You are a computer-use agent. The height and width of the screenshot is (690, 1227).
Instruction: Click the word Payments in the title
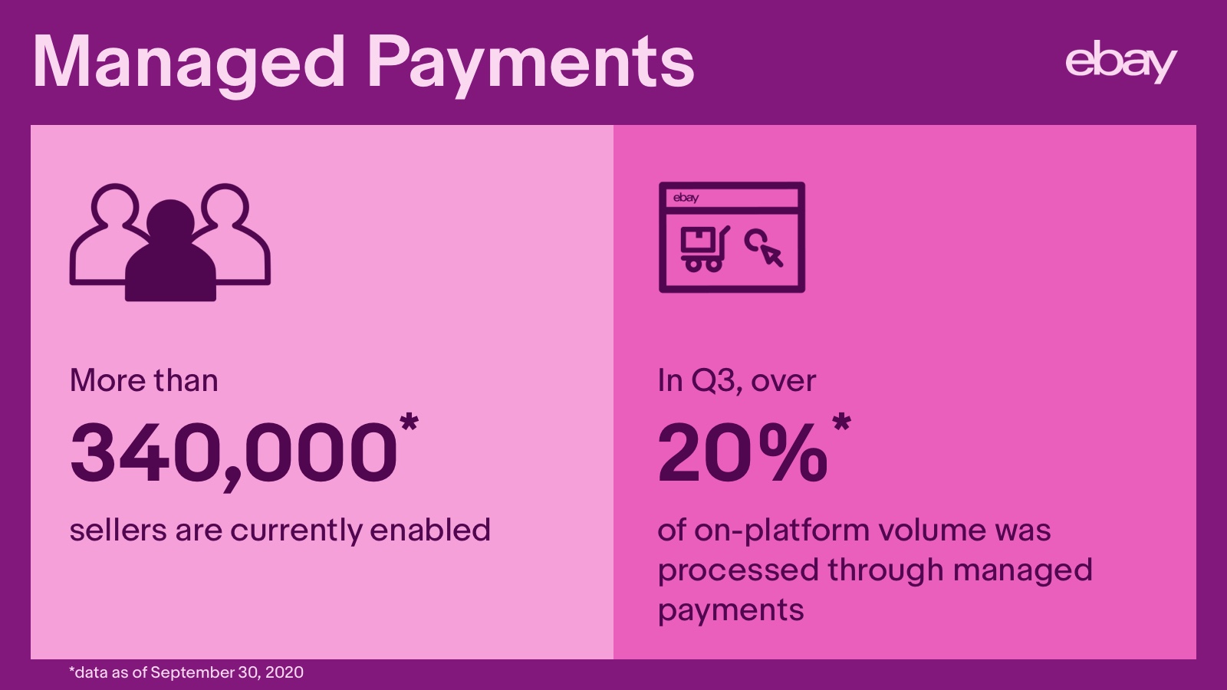click(x=531, y=66)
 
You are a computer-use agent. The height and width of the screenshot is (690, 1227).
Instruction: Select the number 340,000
click(x=234, y=453)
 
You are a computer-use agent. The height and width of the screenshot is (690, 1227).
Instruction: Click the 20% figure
click(x=743, y=452)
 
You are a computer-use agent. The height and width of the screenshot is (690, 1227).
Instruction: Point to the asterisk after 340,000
click(x=410, y=422)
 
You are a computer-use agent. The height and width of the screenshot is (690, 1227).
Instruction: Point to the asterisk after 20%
click(x=841, y=422)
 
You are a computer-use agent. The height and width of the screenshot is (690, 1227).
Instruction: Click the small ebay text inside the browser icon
click(x=686, y=198)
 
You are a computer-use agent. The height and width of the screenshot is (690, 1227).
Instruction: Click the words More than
click(x=144, y=380)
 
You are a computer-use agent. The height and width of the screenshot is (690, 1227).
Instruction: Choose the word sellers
click(x=118, y=530)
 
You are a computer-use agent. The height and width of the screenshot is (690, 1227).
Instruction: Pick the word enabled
click(x=430, y=530)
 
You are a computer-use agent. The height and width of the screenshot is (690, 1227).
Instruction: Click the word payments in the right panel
click(x=731, y=610)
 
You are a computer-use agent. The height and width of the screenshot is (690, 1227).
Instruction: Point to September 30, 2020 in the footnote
click(x=227, y=672)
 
